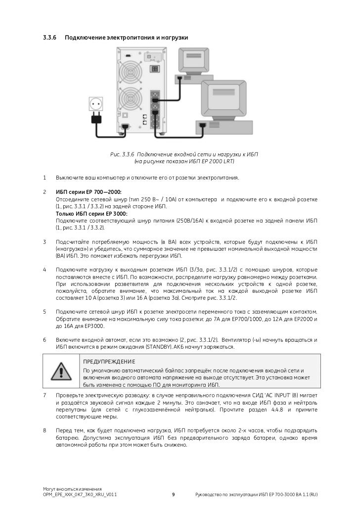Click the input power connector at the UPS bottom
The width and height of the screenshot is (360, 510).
125,127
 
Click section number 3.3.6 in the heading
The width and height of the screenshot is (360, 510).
50,38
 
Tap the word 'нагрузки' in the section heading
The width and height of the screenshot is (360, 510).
174,38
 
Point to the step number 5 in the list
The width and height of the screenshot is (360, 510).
45,312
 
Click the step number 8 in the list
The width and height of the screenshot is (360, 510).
45,430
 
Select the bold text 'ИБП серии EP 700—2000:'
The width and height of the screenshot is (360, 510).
89,192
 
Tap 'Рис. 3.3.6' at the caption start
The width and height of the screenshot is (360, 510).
122,154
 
